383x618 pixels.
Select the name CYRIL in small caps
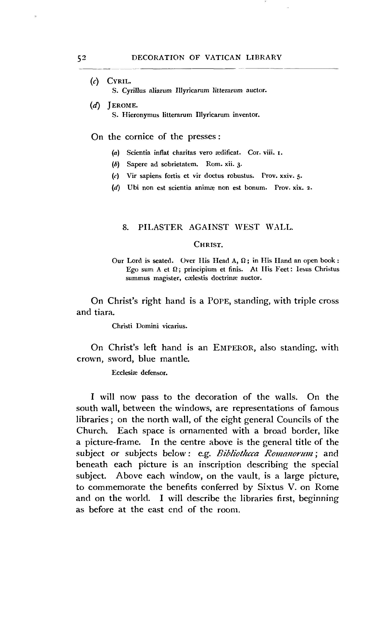(x=119, y=81)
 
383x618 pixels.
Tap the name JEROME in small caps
(x=123, y=105)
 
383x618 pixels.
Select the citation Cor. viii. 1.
(x=265, y=153)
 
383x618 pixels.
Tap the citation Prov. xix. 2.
(x=293, y=188)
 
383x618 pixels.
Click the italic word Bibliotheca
(x=238, y=453)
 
